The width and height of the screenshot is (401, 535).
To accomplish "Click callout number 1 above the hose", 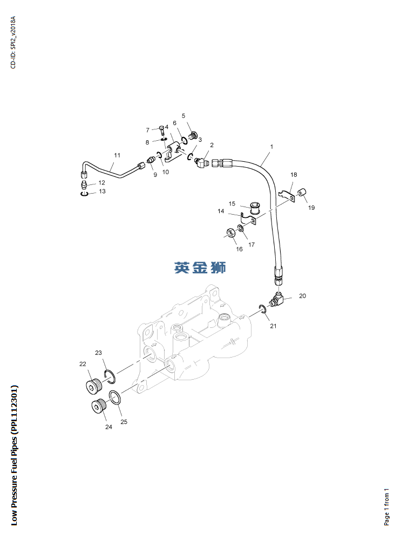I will point(271,147).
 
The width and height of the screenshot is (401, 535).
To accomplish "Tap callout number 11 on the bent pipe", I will point(117,156).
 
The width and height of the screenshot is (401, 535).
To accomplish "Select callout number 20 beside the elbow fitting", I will point(302,296).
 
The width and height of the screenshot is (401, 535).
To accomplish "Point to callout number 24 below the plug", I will point(108,427).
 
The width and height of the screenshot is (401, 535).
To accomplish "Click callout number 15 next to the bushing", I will point(232,203).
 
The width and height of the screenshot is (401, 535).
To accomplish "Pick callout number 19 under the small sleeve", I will point(311,208).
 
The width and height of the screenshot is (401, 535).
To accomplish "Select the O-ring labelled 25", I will point(114,397).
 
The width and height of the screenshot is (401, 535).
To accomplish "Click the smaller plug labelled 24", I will point(98,407).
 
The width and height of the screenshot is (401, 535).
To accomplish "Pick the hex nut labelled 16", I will point(229,233).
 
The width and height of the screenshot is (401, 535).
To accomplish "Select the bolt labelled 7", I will point(162,130).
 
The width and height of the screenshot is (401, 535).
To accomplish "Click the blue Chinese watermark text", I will point(200,267).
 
